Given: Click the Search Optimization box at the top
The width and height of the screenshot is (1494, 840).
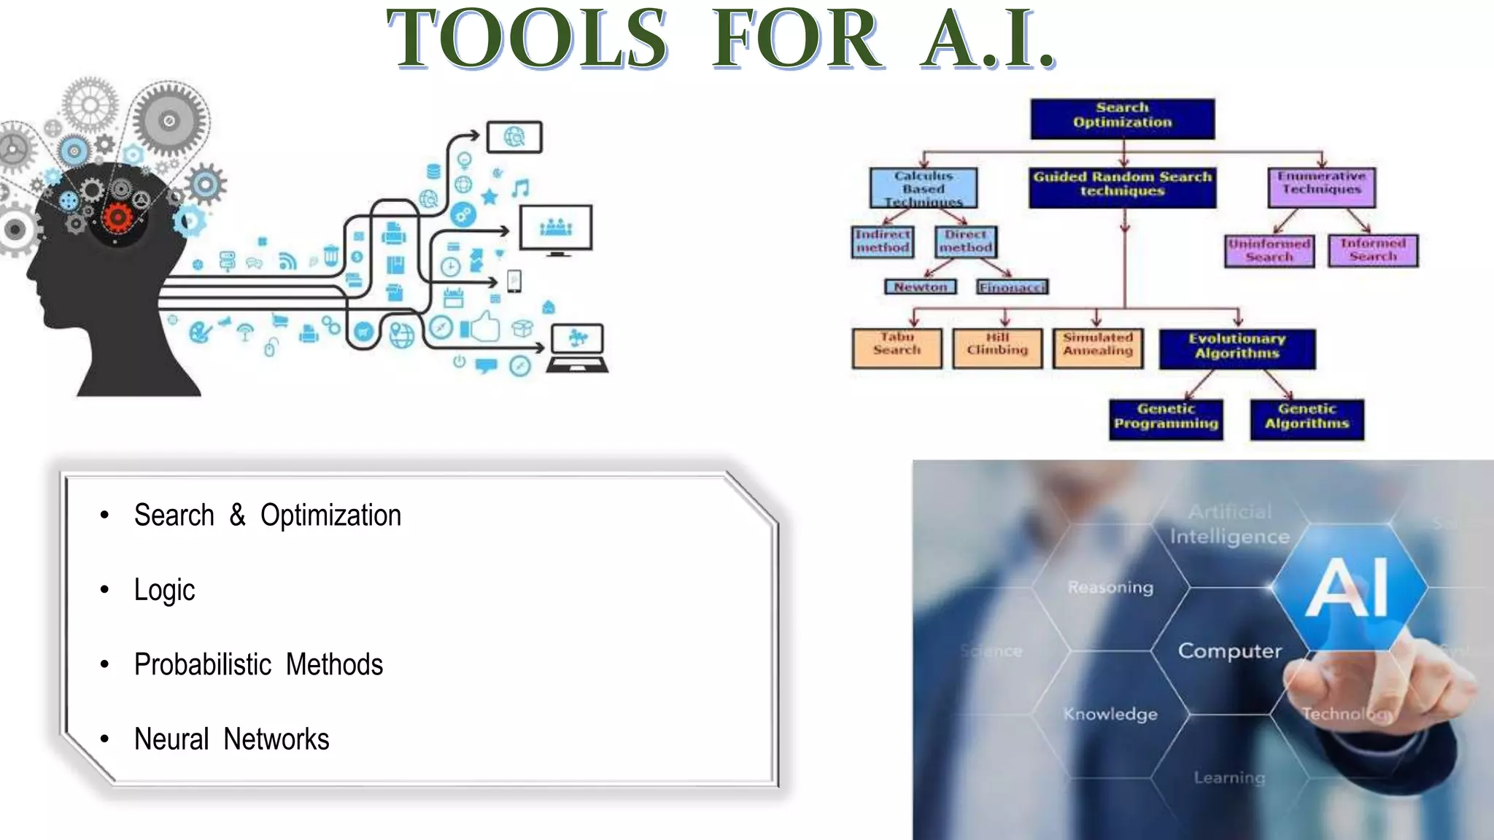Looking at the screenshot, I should (x=1122, y=118).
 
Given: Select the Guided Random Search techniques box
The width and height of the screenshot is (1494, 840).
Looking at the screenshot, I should (x=1122, y=187).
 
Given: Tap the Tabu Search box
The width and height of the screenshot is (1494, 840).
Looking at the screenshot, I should (x=897, y=348).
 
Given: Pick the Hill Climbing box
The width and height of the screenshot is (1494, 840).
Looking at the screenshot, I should (x=997, y=348).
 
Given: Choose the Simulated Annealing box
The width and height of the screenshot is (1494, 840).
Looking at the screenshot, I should (x=1098, y=348).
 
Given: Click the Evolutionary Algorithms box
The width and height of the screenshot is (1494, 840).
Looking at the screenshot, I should (x=1237, y=349).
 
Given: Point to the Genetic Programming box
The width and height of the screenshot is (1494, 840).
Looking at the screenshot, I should (x=1166, y=419).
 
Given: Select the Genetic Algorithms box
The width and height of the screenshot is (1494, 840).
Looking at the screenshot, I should (x=1307, y=419).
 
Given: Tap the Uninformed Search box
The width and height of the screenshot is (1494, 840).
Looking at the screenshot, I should (x=1269, y=251).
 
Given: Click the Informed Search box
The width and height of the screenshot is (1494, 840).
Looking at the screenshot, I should (x=1373, y=250).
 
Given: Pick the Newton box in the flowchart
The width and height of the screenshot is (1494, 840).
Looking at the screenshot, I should (x=920, y=287).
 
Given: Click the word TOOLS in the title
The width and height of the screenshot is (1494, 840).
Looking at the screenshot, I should (x=527, y=39).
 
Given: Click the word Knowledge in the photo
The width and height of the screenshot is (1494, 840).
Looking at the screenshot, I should (x=1110, y=715).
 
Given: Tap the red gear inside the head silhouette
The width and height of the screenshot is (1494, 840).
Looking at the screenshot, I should (x=117, y=217).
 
